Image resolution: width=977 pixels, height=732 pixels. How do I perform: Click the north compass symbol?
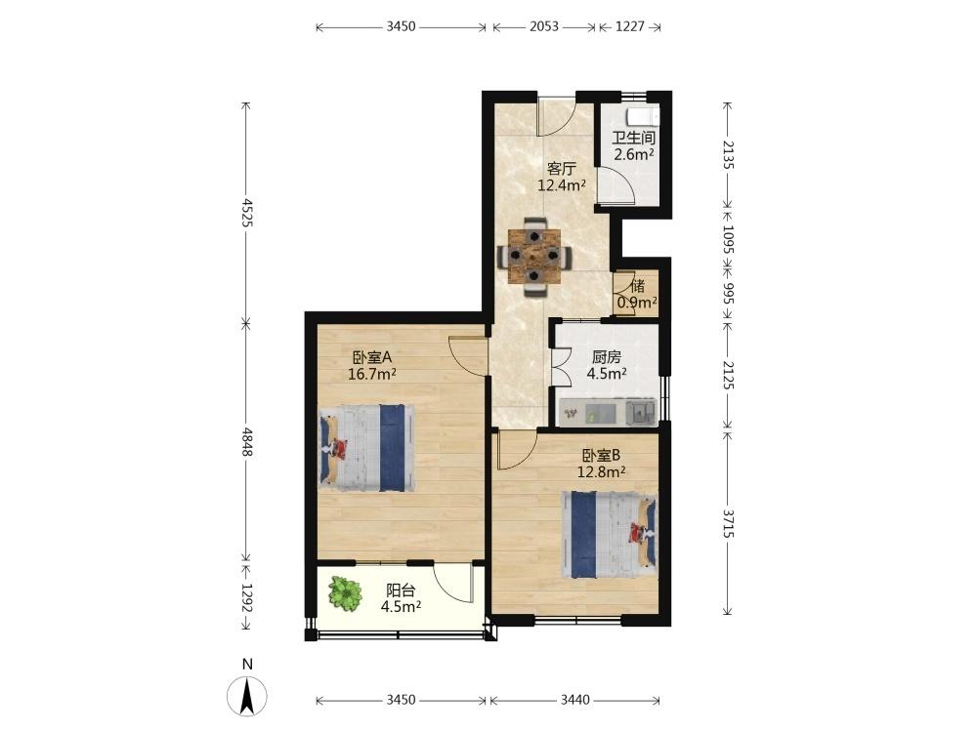[247, 694]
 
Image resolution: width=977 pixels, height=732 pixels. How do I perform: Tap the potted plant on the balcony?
[345, 593]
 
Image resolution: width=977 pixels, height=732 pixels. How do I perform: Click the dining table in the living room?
[534, 256]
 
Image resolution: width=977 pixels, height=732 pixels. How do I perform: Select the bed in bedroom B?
[610, 535]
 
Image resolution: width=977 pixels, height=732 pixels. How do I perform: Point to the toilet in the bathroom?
[643, 117]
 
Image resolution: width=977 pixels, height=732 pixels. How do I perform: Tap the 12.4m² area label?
[562, 184]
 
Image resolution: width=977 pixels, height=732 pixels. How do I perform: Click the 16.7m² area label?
[372, 374]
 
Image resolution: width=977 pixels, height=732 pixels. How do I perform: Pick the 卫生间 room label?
[633, 139]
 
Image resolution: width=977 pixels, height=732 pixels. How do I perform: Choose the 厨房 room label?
[607, 357]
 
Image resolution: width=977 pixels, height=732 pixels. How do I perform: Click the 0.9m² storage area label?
[637, 303]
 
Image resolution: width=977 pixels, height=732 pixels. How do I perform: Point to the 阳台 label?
[401, 590]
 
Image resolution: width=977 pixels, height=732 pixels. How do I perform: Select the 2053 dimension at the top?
[544, 26]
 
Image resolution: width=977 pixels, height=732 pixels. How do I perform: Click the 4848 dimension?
[247, 442]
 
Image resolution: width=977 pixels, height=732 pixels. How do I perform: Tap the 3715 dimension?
[728, 523]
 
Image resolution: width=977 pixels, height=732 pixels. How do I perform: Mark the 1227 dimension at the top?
[630, 26]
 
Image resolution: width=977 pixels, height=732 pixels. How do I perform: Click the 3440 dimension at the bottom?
[574, 700]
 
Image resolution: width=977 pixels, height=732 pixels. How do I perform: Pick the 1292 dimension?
[247, 598]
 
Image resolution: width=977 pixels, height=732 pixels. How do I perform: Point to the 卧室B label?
[601, 456]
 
